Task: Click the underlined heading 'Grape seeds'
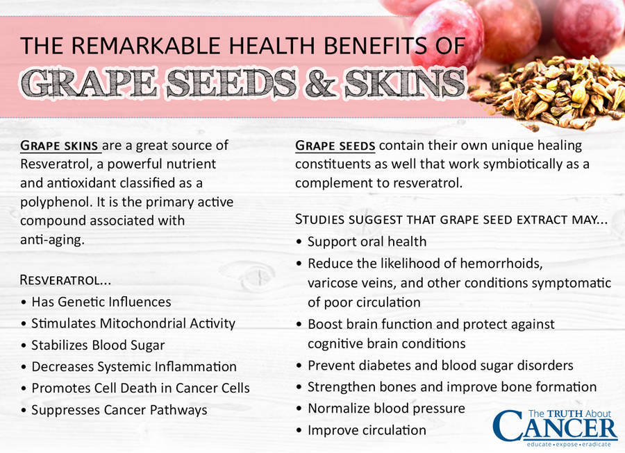pos(335,146)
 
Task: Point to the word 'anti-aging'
pos(53,239)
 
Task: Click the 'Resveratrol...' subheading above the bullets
pos(65,280)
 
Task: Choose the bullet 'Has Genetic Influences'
pos(101,302)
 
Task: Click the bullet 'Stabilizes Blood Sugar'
pos(97,345)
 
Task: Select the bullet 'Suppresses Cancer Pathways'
pos(119,410)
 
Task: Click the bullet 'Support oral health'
pos(367,241)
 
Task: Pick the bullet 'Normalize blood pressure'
pos(386,408)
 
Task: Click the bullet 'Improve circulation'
pos(367,430)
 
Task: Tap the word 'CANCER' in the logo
pos(556,425)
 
